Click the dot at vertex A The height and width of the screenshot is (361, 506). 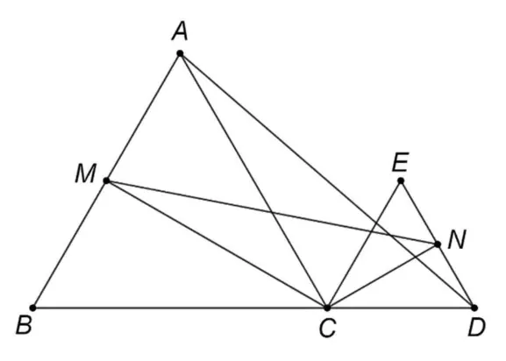point(180,53)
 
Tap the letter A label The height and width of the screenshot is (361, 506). point(180,32)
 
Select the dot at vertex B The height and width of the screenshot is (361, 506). point(32,308)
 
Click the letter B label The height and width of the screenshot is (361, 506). point(25,325)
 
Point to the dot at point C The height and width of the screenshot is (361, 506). point(327,308)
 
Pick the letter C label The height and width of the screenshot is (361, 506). point(328,329)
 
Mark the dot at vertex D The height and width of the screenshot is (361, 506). point(474,308)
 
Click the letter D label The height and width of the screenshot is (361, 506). point(477,328)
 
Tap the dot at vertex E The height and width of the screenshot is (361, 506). point(401,180)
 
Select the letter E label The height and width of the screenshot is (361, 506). point(401,162)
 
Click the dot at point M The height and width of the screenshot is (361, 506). point(106,180)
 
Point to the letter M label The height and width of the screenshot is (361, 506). point(86,173)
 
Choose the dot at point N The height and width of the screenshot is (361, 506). point(438,244)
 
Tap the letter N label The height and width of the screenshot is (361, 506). point(457,240)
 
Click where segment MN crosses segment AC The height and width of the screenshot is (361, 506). point(273,213)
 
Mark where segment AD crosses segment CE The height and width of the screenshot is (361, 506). point(375,223)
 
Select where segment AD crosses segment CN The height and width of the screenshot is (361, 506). point(416,258)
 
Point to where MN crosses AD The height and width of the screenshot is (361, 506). point(390,236)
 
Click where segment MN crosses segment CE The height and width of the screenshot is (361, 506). point(370,231)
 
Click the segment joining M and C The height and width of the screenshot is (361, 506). point(217,244)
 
